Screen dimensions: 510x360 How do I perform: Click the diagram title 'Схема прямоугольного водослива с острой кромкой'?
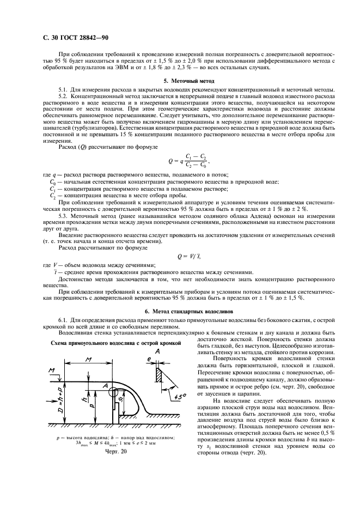(x=115, y=344)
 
